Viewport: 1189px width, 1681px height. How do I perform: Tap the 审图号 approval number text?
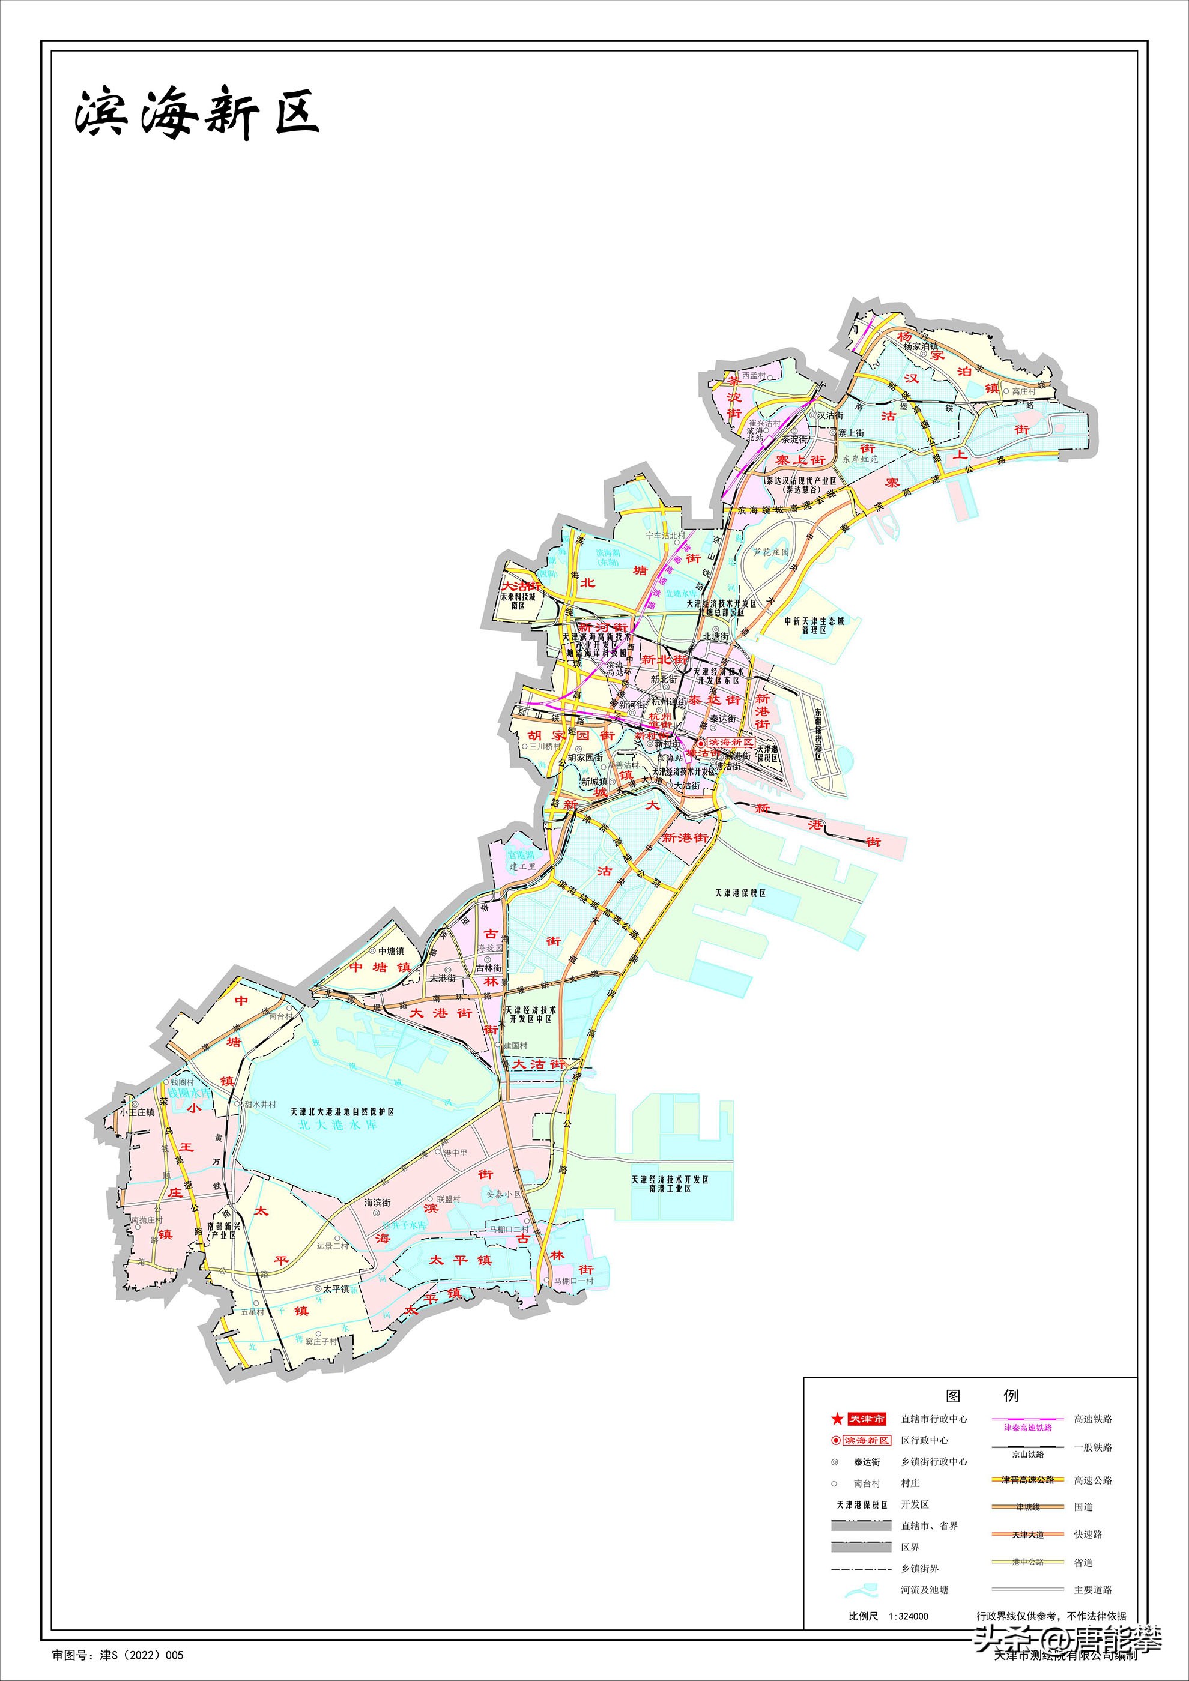(118, 1655)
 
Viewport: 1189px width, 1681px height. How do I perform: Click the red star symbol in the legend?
(837, 1420)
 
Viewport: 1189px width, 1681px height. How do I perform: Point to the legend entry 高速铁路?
(1092, 1419)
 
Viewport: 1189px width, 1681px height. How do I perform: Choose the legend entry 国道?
(1083, 1507)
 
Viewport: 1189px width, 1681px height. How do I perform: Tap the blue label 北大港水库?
(337, 1124)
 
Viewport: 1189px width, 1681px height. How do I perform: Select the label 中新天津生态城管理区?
(814, 624)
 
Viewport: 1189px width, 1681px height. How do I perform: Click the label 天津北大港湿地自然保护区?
(342, 1111)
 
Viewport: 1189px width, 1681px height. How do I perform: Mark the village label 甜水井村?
(260, 1105)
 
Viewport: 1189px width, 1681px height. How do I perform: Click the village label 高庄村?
(1023, 391)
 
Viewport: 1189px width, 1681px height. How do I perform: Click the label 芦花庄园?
(772, 552)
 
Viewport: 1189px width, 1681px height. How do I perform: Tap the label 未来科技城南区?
(518, 601)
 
